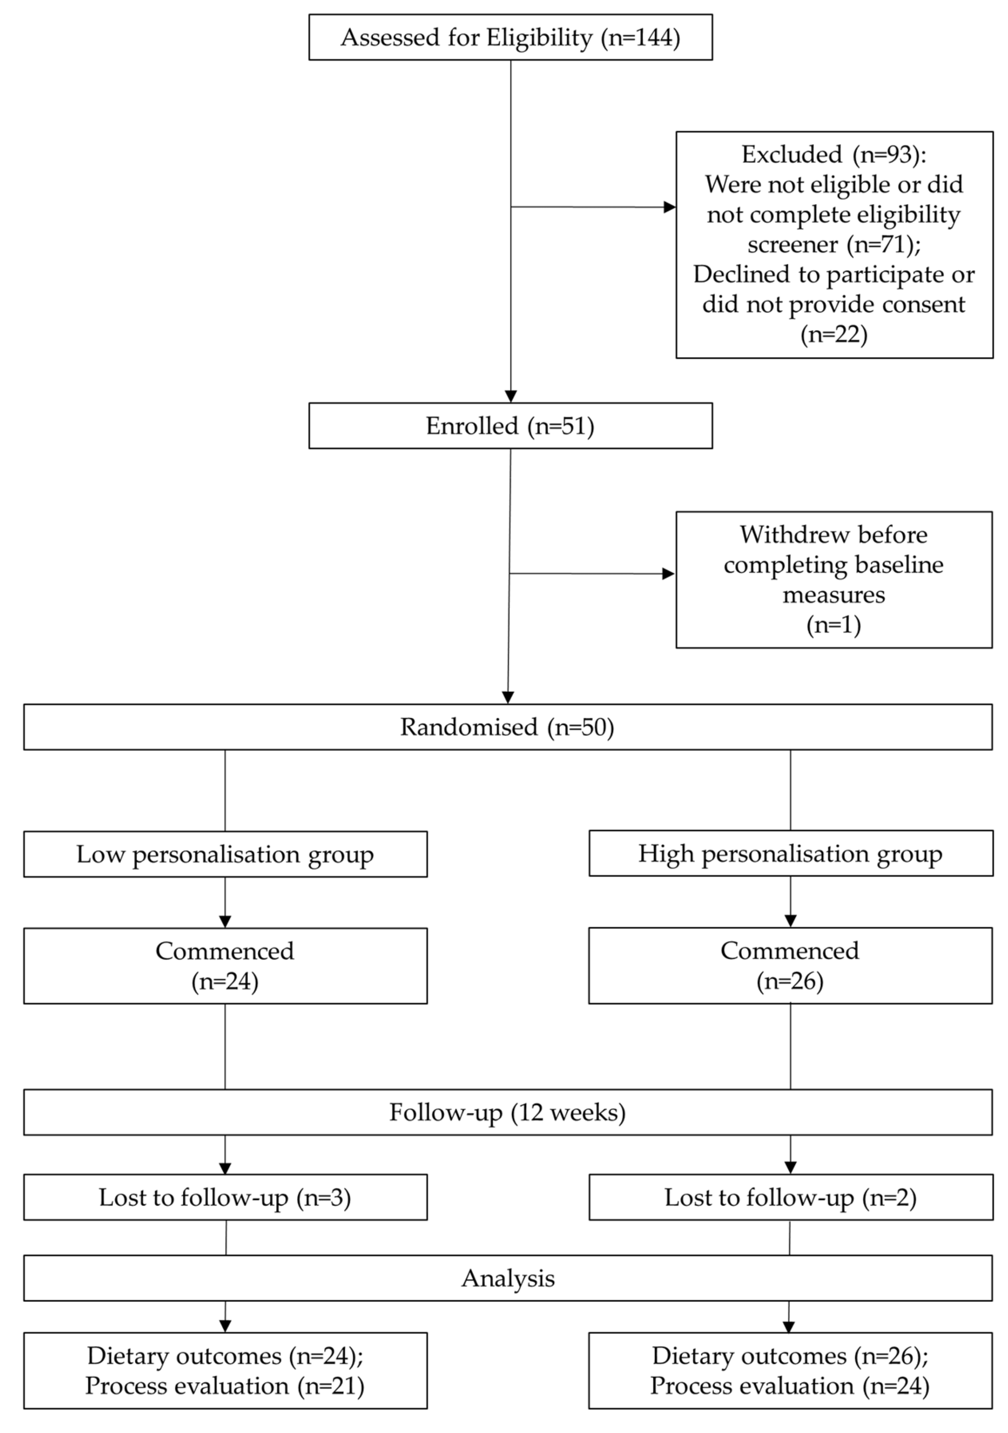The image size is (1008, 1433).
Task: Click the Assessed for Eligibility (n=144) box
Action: [x=510, y=37]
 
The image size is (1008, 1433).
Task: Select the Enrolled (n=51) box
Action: [x=510, y=425]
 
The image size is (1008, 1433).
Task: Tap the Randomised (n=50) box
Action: [x=507, y=727]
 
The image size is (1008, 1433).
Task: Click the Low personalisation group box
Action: [x=225, y=854]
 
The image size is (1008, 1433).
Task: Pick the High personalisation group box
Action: [x=790, y=853]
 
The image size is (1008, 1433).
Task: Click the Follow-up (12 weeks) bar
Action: [x=507, y=1112]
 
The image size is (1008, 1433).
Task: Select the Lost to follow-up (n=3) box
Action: [x=225, y=1197]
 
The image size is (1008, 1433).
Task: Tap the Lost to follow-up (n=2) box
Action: [x=790, y=1197]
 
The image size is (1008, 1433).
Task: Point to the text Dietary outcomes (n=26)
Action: [x=790, y=1356]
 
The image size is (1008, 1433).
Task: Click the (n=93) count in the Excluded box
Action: [x=889, y=154]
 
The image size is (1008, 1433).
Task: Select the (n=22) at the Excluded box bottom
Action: [x=834, y=335]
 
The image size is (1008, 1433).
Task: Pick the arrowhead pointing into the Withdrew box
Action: [x=669, y=574]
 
